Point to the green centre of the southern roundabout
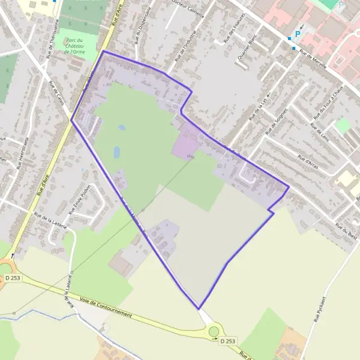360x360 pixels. coord(214,331)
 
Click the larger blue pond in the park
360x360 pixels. coord(117,152)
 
